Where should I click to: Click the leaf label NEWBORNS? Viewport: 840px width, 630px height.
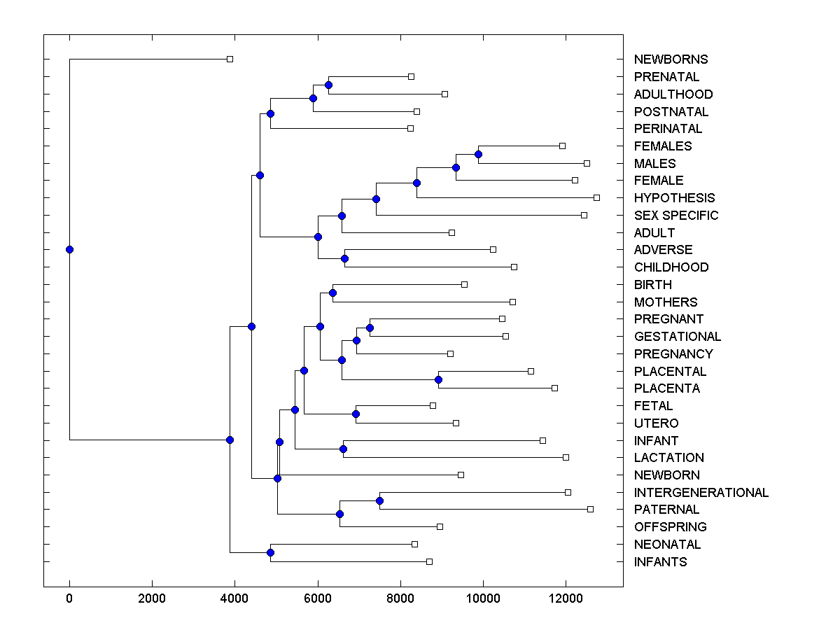[x=671, y=59]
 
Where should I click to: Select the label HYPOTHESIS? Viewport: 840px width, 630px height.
[x=674, y=198]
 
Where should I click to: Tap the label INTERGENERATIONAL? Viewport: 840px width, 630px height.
[x=701, y=492]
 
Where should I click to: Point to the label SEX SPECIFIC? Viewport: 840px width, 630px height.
[x=675, y=216]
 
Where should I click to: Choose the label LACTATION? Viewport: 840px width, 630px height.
[x=668, y=458]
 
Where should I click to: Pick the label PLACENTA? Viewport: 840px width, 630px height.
[x=666, y=388]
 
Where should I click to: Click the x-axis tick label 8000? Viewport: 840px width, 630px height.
[x=400, y=598]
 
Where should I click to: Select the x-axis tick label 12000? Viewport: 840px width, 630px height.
[x=566, y=598]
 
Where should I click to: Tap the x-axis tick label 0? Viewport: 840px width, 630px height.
[x=69, y=598]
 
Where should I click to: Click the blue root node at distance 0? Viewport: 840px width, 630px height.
[x=69, y=249]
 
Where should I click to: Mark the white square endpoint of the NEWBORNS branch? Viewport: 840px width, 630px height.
[x=230, y=59]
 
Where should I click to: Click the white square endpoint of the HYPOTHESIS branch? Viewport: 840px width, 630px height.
[x=596, y=198]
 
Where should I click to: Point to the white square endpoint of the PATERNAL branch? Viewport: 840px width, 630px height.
[x=590, y=510]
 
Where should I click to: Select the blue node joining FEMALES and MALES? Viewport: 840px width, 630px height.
[x=479, y=155]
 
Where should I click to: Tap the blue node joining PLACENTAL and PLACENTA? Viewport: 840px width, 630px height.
[x=438, y=379]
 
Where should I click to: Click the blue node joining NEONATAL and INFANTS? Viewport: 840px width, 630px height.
[x=270, y=553]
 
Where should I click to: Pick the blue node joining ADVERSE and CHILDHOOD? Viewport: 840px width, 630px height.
[x=344, y=258]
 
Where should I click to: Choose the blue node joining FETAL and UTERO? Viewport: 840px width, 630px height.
[x=356, y=414]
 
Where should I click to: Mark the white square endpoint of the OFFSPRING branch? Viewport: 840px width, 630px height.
[x=440, y=526]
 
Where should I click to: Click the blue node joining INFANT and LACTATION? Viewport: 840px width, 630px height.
[x=343, y=449]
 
